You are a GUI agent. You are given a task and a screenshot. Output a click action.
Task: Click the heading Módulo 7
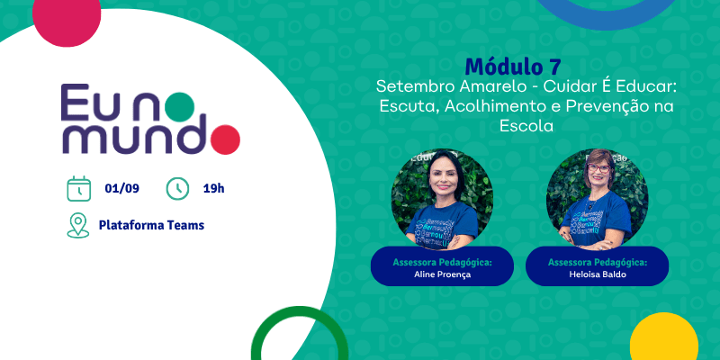(512, 67)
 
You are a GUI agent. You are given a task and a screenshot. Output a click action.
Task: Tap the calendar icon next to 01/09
(79, 188)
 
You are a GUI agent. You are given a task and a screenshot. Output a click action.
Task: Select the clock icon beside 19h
(177, 188)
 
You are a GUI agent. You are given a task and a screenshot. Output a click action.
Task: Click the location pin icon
(78, 226)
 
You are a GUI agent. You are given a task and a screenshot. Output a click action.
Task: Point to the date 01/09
(122, 188)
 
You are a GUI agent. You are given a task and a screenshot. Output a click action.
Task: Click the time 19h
(214, 188)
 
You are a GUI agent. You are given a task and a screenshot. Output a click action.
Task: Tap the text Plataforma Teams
(151, 225)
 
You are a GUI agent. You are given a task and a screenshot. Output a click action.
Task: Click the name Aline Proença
(442, 274)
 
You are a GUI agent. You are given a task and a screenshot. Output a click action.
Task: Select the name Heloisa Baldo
(597, 274)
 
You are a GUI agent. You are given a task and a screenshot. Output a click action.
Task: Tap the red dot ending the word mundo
(225, 139)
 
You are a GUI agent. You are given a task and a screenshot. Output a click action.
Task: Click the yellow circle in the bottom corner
(664, 337)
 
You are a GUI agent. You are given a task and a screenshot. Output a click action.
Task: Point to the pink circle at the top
(67, 17)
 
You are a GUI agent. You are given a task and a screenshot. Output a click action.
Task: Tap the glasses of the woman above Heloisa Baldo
(598, 168)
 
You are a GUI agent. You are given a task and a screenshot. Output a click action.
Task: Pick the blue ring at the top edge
(606, 18)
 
